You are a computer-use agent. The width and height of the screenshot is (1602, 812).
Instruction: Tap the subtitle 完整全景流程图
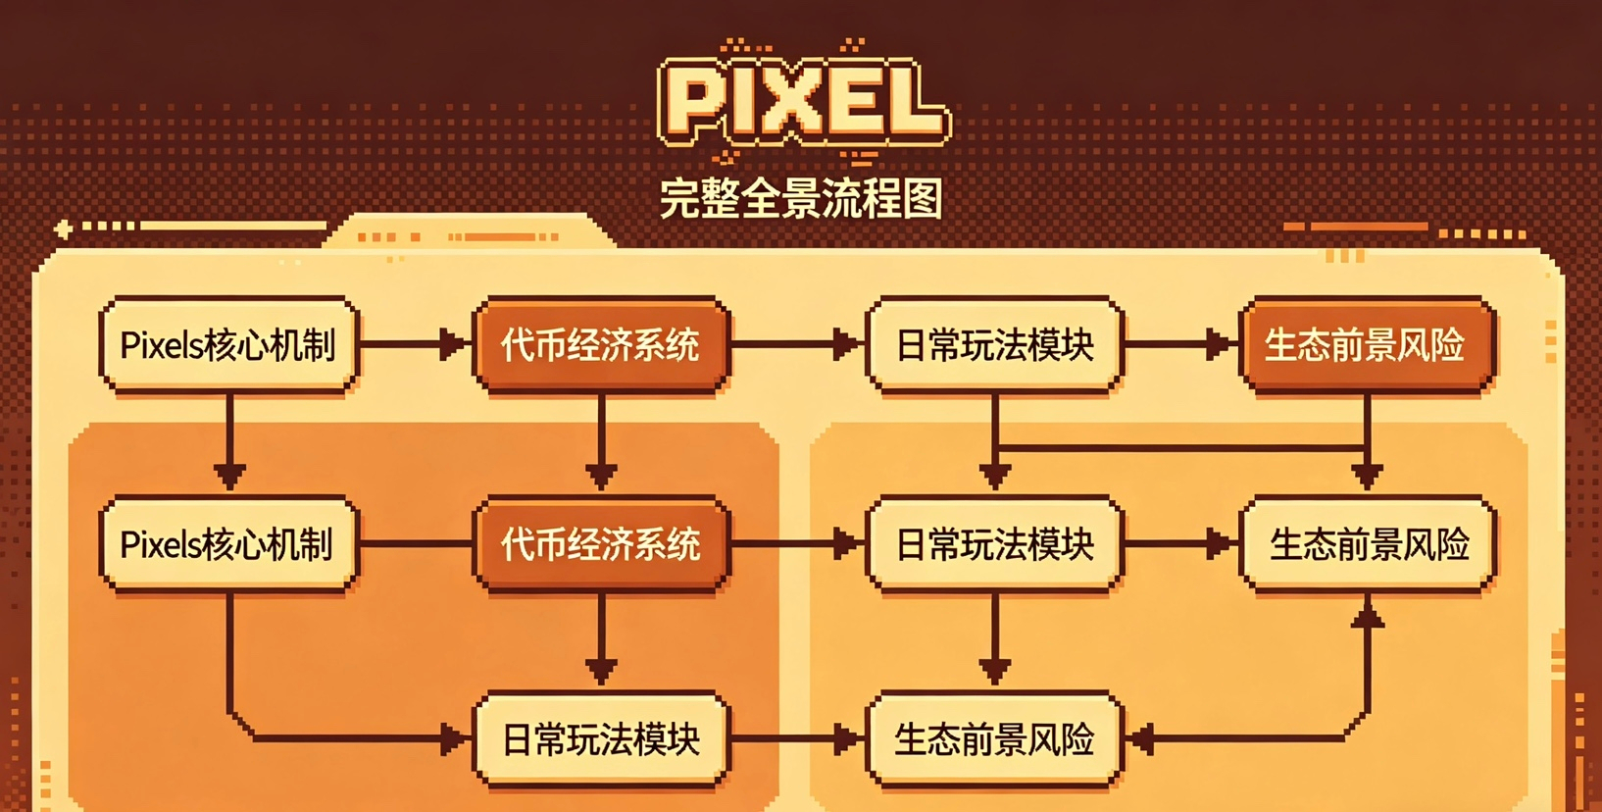coord(801,199)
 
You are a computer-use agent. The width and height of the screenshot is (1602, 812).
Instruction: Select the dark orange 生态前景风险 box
coord(1367,345)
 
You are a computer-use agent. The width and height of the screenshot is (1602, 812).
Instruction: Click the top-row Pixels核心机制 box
coord(228,345)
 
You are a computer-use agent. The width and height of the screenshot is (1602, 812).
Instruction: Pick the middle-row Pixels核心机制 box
coord(228,544)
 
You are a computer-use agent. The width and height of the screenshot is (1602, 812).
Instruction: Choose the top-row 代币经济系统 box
coord(601,345)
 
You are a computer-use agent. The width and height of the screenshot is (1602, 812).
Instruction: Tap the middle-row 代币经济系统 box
coord(601,544)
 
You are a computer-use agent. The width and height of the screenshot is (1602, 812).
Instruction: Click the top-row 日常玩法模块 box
coord(994,345)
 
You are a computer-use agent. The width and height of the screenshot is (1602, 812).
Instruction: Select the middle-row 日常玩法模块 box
coord(994,544)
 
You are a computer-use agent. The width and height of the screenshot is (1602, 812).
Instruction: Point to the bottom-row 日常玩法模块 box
coord(601,739)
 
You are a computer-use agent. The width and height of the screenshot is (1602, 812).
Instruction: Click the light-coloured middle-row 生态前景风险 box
coord(1369,544)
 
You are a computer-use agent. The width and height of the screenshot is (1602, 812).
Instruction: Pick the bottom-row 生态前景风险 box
coord(994,739)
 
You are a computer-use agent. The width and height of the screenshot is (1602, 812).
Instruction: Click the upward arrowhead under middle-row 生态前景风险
coord(1368,616)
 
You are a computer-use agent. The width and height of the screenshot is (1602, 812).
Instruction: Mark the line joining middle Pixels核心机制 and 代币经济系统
coord(416,543)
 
